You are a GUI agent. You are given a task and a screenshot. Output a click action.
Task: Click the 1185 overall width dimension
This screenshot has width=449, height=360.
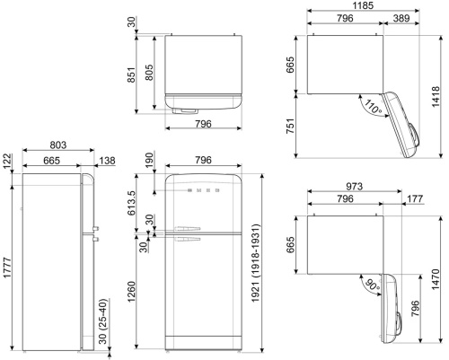tap(363, 5)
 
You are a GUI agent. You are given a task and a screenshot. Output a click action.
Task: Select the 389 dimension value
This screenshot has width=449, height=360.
tap(401, 18)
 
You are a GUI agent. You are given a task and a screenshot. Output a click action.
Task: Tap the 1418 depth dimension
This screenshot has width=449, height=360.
tap(436, 97)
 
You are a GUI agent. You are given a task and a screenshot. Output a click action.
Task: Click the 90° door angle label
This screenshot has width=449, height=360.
tap(372, 285)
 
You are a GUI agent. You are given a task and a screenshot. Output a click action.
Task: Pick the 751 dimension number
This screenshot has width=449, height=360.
tap(290, 126)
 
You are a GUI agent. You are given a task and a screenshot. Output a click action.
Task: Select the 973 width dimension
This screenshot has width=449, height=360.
tap(355, 187)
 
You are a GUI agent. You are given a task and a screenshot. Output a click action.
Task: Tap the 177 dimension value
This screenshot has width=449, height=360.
tap(415, 198)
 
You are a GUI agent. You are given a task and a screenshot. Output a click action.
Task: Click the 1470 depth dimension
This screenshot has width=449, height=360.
tap(436, 279)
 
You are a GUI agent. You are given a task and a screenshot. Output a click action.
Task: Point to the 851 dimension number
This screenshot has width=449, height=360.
tap(131, 75)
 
